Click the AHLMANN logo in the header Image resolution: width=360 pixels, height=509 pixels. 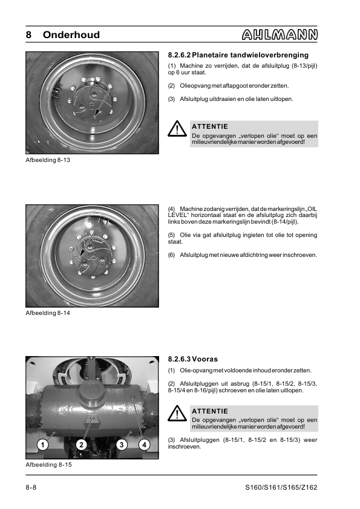(280, 34)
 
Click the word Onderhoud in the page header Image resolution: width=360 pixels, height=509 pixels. (71, 34)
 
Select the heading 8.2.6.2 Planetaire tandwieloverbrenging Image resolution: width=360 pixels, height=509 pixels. (238, 55)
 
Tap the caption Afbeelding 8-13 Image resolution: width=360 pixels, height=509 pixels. (48, 160)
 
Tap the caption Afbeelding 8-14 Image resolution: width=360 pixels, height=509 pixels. (48, 313)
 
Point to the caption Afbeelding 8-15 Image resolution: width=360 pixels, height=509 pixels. (49, 464)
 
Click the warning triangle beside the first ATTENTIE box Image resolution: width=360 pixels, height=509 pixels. (177, 129)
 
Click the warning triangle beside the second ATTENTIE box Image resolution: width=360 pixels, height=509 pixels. (177, 413)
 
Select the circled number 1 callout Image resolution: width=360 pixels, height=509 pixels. (42, 444)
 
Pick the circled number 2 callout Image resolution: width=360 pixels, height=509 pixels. (82, 444)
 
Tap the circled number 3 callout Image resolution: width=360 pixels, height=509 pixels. (122, 444)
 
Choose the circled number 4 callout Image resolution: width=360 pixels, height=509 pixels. (144, 444)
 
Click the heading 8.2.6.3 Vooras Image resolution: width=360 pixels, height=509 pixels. (192, 359)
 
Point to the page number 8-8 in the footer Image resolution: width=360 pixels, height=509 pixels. (31, 487)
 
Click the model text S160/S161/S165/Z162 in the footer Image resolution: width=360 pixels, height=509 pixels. (281, 487)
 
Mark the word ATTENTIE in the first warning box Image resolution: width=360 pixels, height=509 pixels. (210, 126)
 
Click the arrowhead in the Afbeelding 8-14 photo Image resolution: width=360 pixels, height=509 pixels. (82, 251)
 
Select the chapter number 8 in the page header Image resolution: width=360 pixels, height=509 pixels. (28, 34)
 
